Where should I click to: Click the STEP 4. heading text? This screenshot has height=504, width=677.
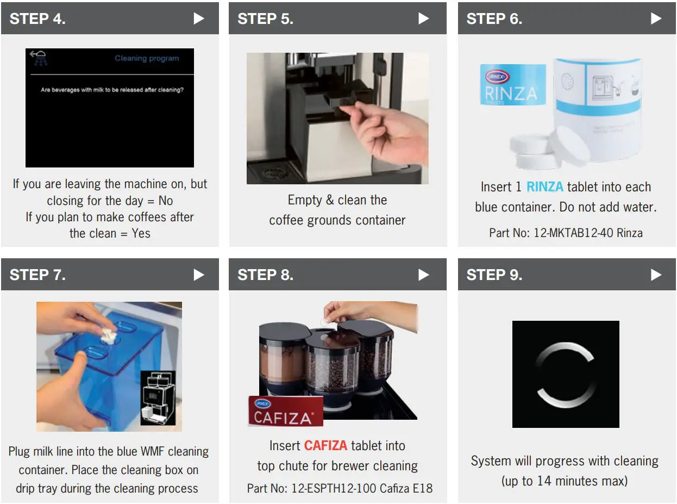tap(37, 18)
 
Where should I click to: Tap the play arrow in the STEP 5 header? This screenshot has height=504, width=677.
tap(424, 18)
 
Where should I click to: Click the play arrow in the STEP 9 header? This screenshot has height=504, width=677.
tap(656, 275)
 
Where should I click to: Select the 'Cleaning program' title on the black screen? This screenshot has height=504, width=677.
tap(147, 58)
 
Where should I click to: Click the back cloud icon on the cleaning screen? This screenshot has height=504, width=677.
tap(39, 57)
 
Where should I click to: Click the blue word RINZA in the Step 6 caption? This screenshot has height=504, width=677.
tap(546, 187)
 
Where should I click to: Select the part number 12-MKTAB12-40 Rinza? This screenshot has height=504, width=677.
tap(566, 233)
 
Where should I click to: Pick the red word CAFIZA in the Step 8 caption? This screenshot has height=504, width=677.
tap(325, 446)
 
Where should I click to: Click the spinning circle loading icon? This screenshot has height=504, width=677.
tap(566, 374)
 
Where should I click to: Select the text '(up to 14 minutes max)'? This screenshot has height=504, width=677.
tap(565, 481)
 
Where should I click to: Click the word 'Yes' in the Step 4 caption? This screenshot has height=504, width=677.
tap(141, 233)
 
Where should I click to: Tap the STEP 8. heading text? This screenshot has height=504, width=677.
tap(265, 275)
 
